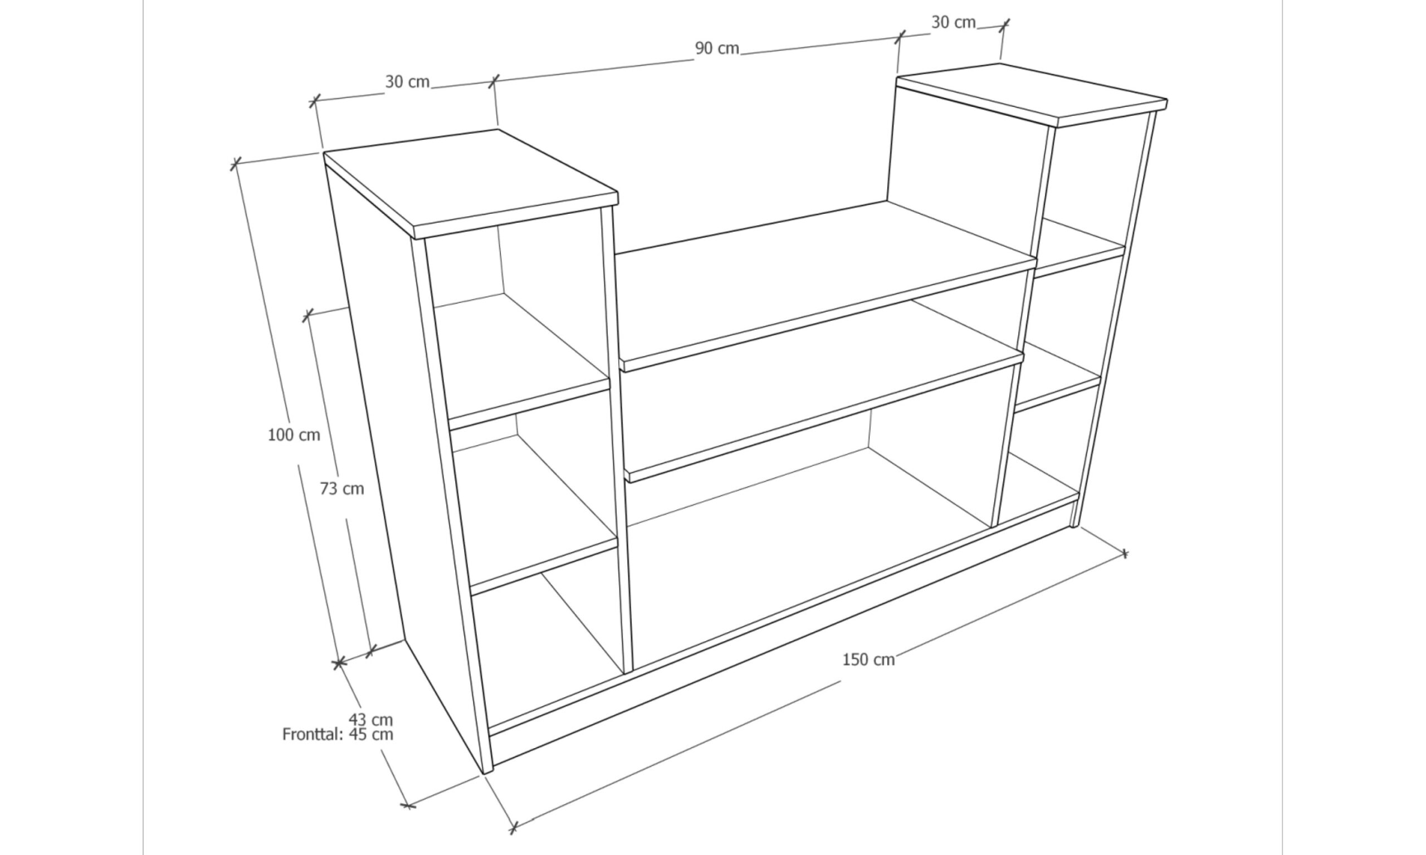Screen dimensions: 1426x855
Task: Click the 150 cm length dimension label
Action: pyautogui.click(x=868, y=659)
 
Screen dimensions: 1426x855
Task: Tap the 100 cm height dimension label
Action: pyautogui.click(x=294, y=435)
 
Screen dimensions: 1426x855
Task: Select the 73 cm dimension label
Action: pyautogui.click(x=342, y=488)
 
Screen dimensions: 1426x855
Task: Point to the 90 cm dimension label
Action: pyautogui.click(x=717, y=48)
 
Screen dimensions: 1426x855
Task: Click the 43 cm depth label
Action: pyautogui.click(x=370, y=720)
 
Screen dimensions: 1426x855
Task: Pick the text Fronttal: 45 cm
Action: pyautogui.click(x=338, y=734)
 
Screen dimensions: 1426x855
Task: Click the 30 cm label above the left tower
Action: pyautogui.click(x=407, y=82)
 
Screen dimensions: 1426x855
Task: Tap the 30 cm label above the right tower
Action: pyautogui.click(x=954, y=22)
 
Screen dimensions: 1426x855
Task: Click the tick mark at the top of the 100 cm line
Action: pyautogui.click(x=235, y=164)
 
